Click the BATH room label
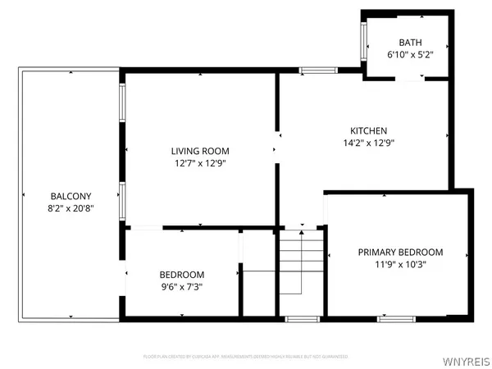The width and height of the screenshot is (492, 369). click(408, 43)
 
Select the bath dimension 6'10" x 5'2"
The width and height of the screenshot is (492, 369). click(408, 55)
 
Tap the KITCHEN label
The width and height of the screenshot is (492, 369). click(368, 130)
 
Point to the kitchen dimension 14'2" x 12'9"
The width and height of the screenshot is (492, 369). click(368, 143)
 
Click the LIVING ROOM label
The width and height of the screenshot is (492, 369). click(200, 151)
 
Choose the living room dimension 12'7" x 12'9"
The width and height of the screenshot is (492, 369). click(200, 163)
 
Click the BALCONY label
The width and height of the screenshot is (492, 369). click(71, 196)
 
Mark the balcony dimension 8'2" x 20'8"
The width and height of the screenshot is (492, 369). click(71, 208)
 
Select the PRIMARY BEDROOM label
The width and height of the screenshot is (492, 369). click(400, 252)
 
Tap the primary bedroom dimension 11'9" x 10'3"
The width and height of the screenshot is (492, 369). click(400, 264)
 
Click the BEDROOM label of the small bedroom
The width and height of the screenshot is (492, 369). click(182, 274)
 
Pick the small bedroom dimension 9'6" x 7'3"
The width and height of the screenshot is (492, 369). click(182, 286)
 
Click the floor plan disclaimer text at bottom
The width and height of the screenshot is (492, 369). click(245, 357)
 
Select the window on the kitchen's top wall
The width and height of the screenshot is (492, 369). click(312, 71)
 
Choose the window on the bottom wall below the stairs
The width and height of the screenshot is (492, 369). click(302, 317)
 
